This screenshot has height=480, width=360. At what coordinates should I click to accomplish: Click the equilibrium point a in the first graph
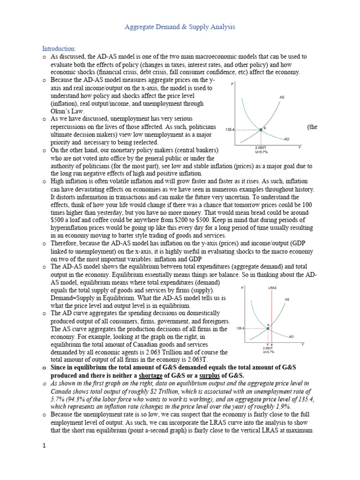pos(261,129)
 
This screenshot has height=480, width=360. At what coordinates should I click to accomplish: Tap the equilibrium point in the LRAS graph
pos(268,329)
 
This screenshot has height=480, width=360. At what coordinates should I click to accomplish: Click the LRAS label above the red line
pos(272,287)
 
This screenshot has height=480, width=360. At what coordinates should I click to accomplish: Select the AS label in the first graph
pos(282,97)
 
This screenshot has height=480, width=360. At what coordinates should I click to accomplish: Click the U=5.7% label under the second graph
pos(268,352)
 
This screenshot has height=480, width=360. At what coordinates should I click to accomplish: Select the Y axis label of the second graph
pos(302,344)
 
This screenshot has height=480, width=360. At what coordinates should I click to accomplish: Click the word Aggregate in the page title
pos(141,27)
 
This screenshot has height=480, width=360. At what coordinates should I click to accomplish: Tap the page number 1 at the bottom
pos(44,459)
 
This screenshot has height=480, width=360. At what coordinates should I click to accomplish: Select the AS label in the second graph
pos(287,299)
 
